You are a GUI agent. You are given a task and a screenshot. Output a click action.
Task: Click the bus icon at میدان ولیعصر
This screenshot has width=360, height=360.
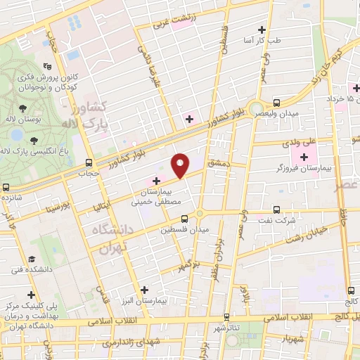276,103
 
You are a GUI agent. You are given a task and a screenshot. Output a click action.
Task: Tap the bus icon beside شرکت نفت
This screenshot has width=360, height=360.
276,209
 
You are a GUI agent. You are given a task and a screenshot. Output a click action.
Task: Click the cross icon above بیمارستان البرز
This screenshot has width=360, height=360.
144,289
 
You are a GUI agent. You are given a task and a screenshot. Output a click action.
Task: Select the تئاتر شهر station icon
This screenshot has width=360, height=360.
226,317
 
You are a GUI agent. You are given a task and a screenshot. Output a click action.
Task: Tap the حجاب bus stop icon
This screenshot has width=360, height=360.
88,161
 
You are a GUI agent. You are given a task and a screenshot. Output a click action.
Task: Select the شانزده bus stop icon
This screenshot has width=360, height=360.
6,188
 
